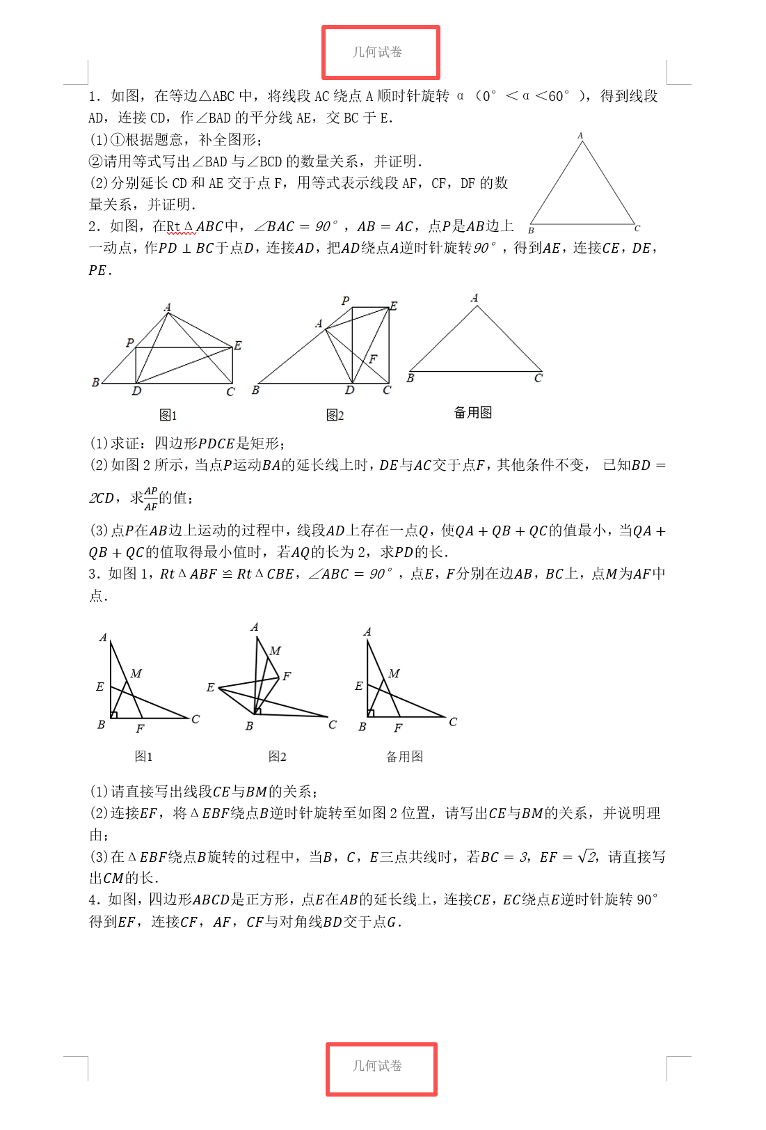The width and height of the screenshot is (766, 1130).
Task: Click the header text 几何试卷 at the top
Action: pos(377,52)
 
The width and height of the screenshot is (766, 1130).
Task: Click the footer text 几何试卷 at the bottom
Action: pos(377,1066)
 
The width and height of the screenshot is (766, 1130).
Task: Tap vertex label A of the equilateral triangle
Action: pos(580,136)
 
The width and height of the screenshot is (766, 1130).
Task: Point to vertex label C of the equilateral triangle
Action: pos(637,228)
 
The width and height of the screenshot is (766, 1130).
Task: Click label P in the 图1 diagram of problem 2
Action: pos(129,343)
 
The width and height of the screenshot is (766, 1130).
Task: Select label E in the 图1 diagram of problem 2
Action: pos(238,345)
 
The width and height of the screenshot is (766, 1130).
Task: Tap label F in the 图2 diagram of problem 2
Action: pos(373,359)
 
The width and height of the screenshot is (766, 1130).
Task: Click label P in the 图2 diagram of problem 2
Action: pos(345,301)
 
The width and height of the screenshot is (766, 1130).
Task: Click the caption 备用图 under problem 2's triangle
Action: pos(473,413)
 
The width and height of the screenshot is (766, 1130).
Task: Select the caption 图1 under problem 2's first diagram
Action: pos(168,416)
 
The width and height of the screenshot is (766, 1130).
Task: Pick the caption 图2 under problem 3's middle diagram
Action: pos(277,757)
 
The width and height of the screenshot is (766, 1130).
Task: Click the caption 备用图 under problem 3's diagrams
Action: pos(404,757)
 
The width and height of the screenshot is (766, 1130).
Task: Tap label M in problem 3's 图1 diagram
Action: pos(136,674)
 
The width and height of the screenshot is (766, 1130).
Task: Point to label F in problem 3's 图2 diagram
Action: pos(287,676)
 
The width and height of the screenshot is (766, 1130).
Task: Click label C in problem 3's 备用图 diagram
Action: pos(453,722)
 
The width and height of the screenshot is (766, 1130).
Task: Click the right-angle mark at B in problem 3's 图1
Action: pos(114,714)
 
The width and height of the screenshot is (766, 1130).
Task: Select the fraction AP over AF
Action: pos(151,499)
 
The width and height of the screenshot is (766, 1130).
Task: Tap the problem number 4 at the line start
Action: pos(93,900)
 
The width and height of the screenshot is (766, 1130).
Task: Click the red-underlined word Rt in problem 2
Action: pos(173,227)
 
